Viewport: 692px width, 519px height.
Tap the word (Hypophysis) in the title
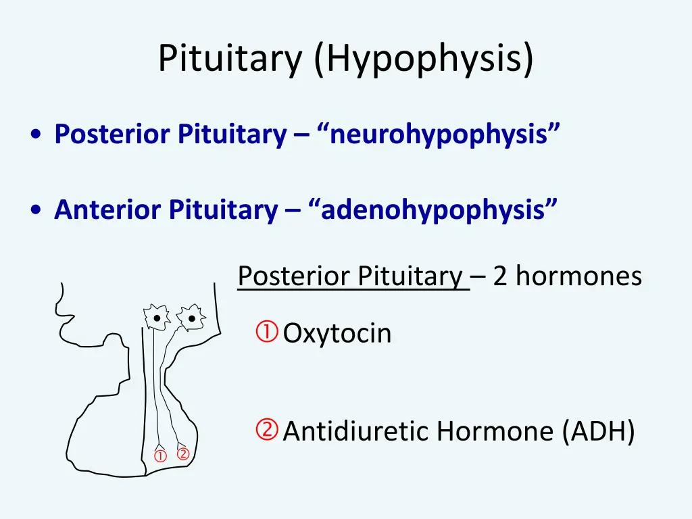pyautogui.click(x=423, y=59)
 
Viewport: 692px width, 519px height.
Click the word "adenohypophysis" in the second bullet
pyautogui.click(x=435, y=210)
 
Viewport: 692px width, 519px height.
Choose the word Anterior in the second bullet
pyautogui.click(x=108, y=210)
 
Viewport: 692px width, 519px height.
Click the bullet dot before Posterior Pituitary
pyautogui.click(x=34, y=135)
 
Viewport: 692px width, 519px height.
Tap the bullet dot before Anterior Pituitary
pyautogui.click(x=34, y=211)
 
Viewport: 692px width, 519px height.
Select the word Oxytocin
pyautogui.click(x=337, y=334)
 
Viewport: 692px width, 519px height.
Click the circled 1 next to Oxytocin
pyautogui.click(x=267, y=332)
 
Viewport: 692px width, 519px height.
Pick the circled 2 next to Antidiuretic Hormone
pyautogui.click(x=267, y=429)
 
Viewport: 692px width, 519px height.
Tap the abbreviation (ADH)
pyautogui.click(x=598, y=432)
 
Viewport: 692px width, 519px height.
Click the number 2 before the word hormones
pyautogui.click(x=500, y=276)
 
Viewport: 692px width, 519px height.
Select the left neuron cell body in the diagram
pyautogui.click(x=156, y=317)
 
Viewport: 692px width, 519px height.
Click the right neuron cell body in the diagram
pyautogui.click(x=191, y=317)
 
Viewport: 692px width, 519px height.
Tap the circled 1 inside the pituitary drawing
pyautogui.click(x=160, y=456)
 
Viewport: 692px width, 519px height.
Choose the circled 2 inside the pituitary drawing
pyautogui.click(x=182, y=454)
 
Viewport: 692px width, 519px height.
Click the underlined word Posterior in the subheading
pyautogui.click(x=295, y=276)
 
